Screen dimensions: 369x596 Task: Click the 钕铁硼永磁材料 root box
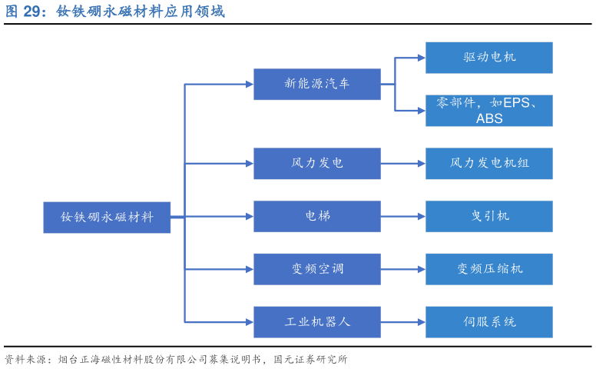[x=107, y=218]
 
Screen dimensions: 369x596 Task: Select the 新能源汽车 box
[x=317, y=85]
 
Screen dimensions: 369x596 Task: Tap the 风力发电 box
[x=317, y=164]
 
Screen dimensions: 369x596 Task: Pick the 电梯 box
[x=317, y=217]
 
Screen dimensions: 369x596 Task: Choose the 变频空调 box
[x=317, y=269]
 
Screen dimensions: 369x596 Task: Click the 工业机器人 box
[x=317, y=322]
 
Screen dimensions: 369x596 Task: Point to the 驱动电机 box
[x=489, y=58]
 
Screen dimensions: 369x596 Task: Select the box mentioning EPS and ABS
[x=489, y=111]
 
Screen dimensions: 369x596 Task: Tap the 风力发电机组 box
[x=489, y=164]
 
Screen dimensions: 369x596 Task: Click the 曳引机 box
[x=489, y=217]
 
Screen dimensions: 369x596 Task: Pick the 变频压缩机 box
[x=489, y=269]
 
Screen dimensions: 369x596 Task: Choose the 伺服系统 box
[x=489, y=322]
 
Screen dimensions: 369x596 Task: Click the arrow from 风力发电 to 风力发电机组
[x=402, y=164]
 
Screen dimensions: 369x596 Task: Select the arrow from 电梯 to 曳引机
[x=402, y=217]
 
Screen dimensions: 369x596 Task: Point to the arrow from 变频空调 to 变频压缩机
[x=402, y=269]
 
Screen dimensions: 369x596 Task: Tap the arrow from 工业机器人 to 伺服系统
[x=402, y=322]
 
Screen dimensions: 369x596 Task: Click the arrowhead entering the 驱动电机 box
[x=421, y=58]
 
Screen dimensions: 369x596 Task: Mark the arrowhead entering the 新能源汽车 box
[x=249, y=85]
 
